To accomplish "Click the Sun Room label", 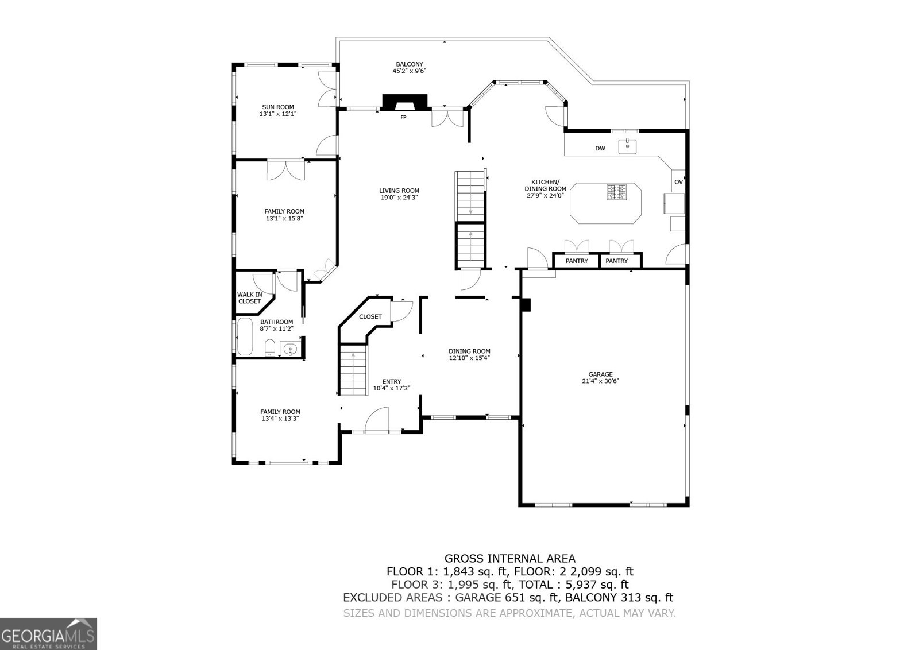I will coord(278,107).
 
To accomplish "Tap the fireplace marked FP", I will coord(406,103).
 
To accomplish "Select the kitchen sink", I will coord(627,146).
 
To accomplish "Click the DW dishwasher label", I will coord(600,149).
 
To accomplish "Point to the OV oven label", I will coord(678,182).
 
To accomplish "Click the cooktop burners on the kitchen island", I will coord(617,192).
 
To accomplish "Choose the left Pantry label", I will coord(576,261).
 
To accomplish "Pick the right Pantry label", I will coord(617,261).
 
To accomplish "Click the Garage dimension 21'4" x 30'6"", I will coord(600,381).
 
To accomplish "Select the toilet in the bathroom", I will coord(269,347).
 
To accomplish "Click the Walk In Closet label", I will coord(249,298).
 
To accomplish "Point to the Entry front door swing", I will coord(377,419).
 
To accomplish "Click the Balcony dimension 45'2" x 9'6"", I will coord(409,71).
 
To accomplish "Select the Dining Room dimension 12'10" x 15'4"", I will coord(469,358).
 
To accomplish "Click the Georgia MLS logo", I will coord(48,633).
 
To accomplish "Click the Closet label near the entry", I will coord(370,316).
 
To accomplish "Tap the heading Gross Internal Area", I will coord(509,558).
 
